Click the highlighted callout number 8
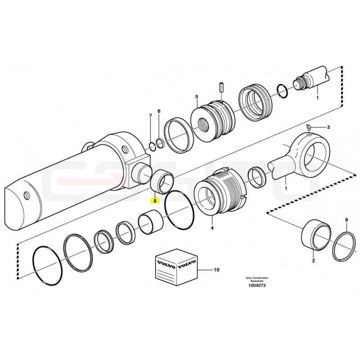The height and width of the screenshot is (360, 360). (155, 201)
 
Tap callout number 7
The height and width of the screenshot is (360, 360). (150, 116)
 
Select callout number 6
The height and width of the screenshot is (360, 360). (159, 111)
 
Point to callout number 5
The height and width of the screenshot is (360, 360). (197, 97)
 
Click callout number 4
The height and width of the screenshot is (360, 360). (212, 228)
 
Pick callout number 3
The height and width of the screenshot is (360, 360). (328, 127)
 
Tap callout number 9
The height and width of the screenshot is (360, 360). (346, 220)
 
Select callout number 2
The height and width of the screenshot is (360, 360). (313, 261)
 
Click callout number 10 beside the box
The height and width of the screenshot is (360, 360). (217, 270)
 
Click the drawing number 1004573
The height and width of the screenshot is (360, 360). (257, 285)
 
